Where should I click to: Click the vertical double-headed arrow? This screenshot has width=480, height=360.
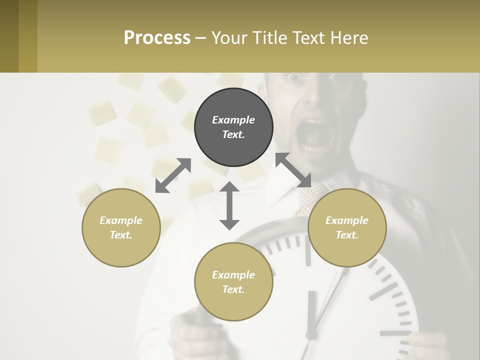[x=229, y=205]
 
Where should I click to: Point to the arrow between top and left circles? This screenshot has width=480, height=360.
[x=173, y=175]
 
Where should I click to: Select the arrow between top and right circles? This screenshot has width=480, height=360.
[x=293, y=170]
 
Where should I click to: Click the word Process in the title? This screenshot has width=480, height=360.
[x=157, y=37]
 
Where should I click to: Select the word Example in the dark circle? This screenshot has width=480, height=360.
[x=233, y=120]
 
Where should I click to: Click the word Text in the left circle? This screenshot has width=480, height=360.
[x=121, y=235]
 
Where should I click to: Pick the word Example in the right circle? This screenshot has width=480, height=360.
[x=347, y=220]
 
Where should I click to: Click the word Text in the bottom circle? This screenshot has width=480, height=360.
[x=233, y=289]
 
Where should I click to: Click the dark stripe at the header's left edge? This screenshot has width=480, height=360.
[x=9, y=36]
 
